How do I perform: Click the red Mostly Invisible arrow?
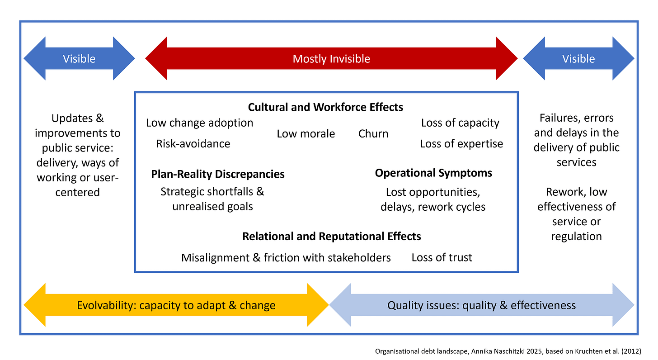(331, 59)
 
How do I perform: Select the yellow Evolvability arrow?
(176, 305)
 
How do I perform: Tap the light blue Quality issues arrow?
(482, 305)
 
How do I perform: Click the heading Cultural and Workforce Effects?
(325, 107)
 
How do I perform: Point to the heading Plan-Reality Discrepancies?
(218, 174)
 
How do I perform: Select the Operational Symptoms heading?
(433, 173)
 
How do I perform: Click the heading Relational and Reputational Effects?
(332, 236)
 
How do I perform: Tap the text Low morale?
(306, 133)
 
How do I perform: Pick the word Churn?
(373, 133)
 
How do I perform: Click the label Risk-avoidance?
(193, 144)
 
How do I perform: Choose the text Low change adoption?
(200, 123)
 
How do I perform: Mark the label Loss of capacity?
(460, 123)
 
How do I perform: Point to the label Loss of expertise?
(461, 144)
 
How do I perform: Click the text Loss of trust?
(442, 257)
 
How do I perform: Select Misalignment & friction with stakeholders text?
(286, 257)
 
